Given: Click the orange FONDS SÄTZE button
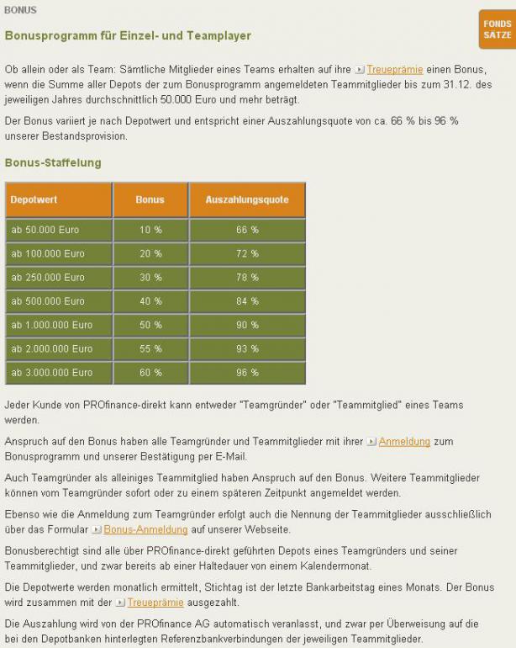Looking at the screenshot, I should (497, 29).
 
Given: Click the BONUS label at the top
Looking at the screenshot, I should (20, 10).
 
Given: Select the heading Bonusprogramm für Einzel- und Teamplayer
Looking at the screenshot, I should (128, 36).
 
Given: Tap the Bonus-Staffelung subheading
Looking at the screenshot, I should (53, 162).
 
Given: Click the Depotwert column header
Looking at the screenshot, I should (34, 200).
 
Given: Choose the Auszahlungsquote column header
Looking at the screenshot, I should (247, 200).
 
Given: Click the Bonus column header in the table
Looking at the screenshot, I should (150, 200).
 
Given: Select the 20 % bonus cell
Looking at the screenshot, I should (150, 253).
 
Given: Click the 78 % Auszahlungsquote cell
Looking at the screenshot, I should (247, 277).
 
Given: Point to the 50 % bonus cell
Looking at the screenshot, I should (150, 325).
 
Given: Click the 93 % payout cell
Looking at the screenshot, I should (247, 348).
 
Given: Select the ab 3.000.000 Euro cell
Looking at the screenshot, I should (52, 372).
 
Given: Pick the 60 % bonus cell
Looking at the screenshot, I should (150, 372).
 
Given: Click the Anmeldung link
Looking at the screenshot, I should (404, 441).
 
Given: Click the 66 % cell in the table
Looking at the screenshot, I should (247, 230).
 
